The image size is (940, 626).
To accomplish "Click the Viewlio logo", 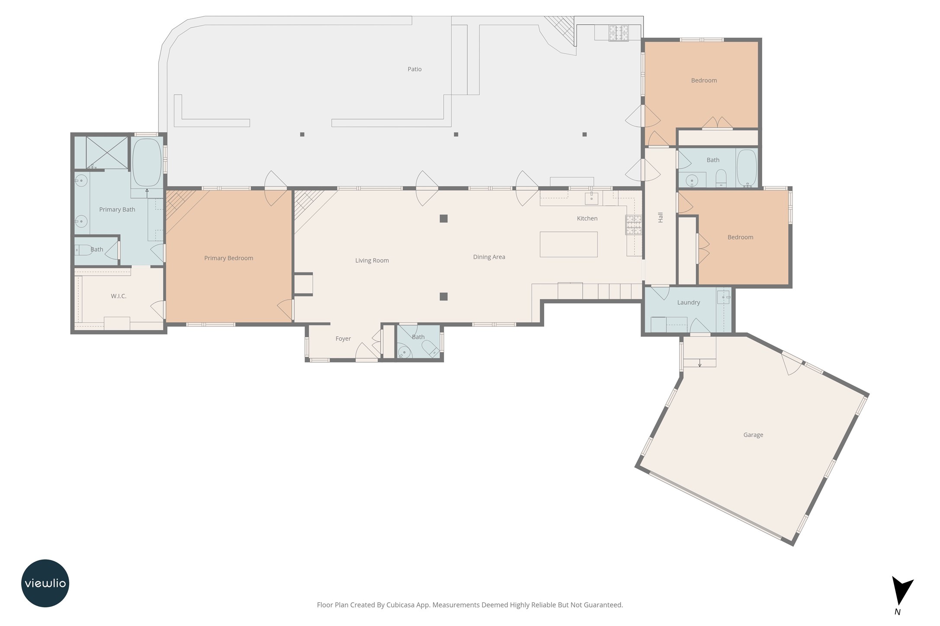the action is (x=45, y=583).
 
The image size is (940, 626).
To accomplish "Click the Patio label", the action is (x=414, y=69).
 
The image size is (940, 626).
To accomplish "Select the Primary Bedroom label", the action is (x=228, y=258).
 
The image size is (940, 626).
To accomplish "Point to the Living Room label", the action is (x=372, y=260).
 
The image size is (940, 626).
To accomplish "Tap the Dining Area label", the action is (x=489, y=257).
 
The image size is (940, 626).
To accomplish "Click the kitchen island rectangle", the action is (x=568, y=244).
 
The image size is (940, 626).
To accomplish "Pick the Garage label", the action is (x=753, y=435).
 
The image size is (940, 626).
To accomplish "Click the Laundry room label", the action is (x=688, y=303).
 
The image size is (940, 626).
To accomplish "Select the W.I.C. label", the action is (x=119, y=296).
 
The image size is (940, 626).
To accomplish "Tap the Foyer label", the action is (x=343, y=339).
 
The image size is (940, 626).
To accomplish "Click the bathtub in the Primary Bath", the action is (x=147, y=163).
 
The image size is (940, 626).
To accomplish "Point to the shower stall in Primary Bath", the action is (x=107, y=153).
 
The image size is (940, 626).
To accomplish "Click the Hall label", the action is (x=661, y=217).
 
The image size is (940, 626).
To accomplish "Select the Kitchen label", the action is (x=587, y=218).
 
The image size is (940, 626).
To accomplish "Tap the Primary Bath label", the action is (x=117, y=209).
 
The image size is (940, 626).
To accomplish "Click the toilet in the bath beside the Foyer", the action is (x=430, y=348).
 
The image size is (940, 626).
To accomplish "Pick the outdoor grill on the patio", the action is (x=618, y=33).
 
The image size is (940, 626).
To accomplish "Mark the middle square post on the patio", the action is (x=456, y=134).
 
